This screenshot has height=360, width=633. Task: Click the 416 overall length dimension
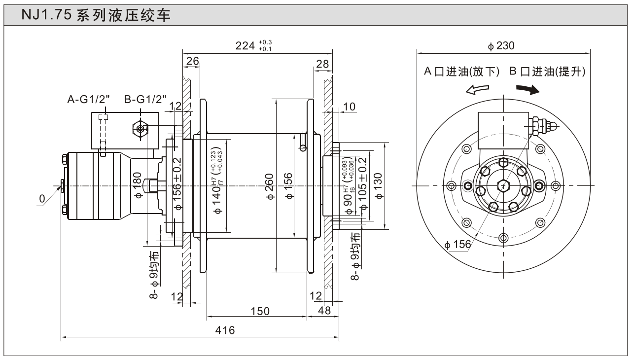click(224, 330)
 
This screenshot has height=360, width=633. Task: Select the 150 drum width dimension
click(259, 311)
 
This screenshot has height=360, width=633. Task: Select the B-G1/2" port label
click(145, 100)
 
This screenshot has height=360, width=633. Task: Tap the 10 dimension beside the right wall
click(349, 107)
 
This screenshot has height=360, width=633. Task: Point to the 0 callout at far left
click(42, 198)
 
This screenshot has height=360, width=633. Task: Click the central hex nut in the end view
click(502, 185)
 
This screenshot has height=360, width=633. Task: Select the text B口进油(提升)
click(547, 72)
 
